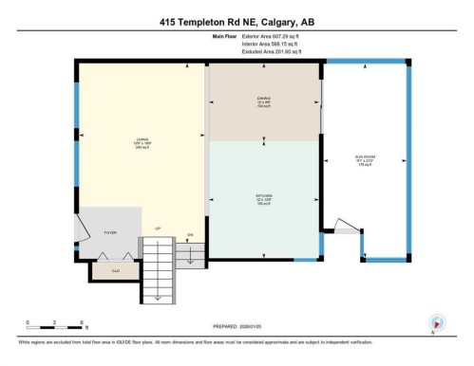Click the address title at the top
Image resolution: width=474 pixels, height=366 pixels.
pyautogui.click(x=237, y=22)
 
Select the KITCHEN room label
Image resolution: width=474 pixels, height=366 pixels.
pyautogui.click(x=263, y=199)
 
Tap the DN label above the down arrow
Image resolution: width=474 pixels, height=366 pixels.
pyautogui.click(x=190, y=233)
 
